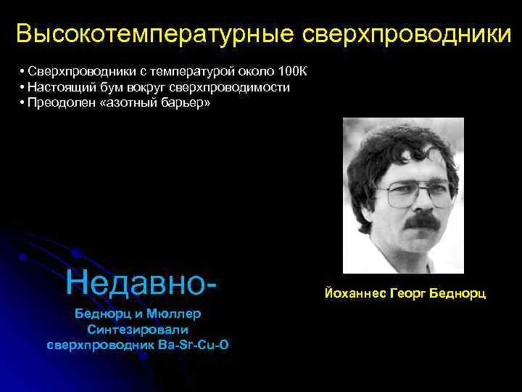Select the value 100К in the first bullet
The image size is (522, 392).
292,71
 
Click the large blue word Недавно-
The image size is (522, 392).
141,282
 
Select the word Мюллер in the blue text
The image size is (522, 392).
173,315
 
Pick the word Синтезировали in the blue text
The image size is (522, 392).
138,330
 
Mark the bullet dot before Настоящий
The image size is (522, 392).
23,87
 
